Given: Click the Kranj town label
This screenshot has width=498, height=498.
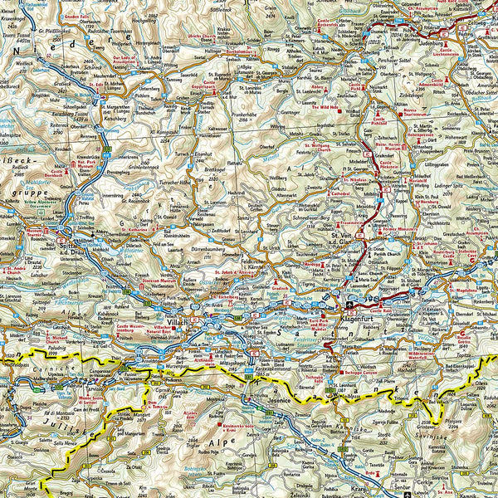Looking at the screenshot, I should [x=359, y=490].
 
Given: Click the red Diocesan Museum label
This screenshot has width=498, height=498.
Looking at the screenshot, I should [x=163, y=280].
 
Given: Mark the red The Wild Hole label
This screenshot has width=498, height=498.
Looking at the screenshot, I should [x=325, y=106].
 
